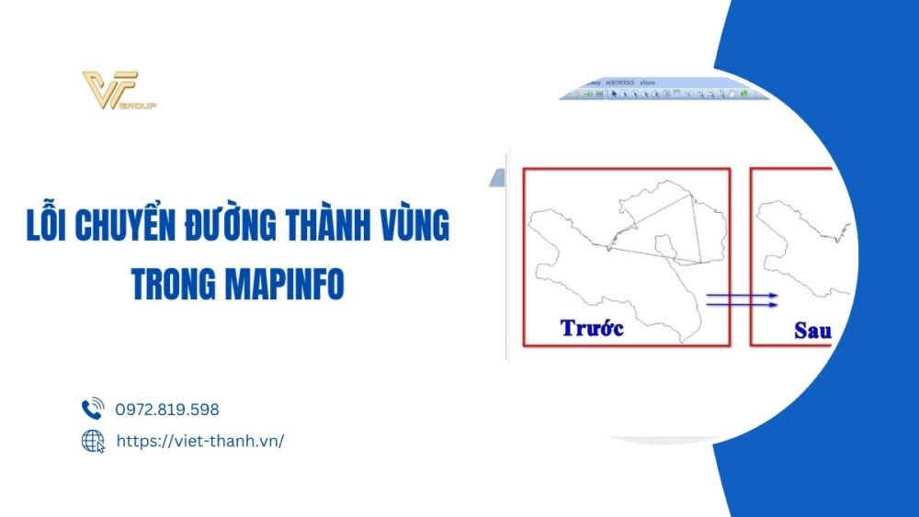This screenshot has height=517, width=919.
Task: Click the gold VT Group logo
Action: pos(110,89)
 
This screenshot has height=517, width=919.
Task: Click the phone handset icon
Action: pos(93,410)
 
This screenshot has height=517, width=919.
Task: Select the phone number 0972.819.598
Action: pos(167,410)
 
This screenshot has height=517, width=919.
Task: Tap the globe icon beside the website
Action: pos(93,441)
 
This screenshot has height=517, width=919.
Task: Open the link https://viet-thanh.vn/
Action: pos(199,441)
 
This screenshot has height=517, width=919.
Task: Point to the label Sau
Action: pos(812,331)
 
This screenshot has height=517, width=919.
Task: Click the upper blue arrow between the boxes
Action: pos(742,296)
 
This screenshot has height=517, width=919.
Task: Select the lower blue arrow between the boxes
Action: pos(742,305)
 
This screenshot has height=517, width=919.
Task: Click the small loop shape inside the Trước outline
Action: pos(665,244)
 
